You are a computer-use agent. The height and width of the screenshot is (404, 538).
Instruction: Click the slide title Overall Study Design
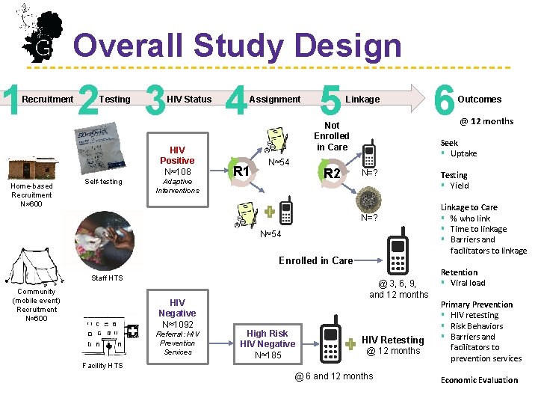click(x=237, y=46)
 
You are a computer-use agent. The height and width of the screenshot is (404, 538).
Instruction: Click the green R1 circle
click(x=241, y=171)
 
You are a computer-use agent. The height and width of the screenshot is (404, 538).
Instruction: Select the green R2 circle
click(x=332, y=174)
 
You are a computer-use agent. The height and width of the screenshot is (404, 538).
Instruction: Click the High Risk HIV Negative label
click(x=268, y=343)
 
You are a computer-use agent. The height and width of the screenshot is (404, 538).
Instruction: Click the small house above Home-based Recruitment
click(x=31, y=169)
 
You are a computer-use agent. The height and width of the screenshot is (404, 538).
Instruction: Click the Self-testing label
click(x=104, y=182)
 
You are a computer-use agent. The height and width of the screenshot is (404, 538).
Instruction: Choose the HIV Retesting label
click(x=392, y=340)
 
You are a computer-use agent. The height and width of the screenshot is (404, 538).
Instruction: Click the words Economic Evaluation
click(x=479, y=380)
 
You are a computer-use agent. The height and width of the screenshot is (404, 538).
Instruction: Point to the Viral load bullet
click(x=467, y=283)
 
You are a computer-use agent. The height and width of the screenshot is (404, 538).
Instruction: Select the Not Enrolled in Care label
click(x=332, y=136)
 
